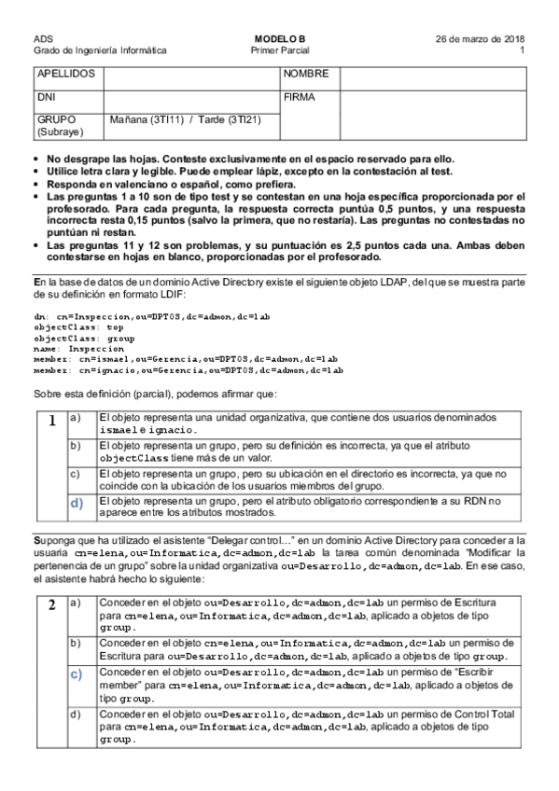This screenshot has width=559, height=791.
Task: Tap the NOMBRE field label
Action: [x=306, y=73]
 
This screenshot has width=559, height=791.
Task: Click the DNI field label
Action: [x=46, y=96]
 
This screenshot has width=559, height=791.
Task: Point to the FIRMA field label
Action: [x=300, y=96]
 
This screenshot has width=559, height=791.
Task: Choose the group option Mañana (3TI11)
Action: [x=146, y=119]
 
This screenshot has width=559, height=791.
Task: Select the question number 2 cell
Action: [x=51, y=604]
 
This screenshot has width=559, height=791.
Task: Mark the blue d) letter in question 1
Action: [x=78, y=504]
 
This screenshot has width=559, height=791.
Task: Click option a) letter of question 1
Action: [x=77, y=416]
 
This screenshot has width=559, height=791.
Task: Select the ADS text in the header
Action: [x=42, y=38]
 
